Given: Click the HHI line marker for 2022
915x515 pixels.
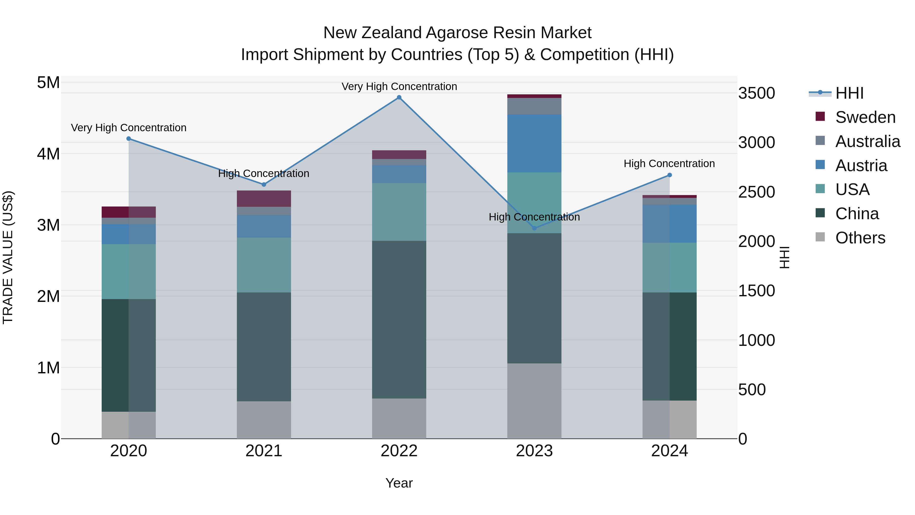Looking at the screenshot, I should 399,97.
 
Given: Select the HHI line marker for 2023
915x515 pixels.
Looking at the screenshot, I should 534,228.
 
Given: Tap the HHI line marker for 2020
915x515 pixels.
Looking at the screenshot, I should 129,139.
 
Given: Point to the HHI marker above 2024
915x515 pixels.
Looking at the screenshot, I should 669,175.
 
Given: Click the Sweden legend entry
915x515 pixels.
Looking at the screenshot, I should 865,117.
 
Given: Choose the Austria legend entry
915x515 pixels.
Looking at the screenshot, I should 861,166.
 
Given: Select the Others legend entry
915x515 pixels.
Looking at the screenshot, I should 860,238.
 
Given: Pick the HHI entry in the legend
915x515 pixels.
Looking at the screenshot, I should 849,93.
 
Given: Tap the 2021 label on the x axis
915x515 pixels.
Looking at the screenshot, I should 264,451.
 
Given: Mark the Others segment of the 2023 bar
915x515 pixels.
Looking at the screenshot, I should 534,401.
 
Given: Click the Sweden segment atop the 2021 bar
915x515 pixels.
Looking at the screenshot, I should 264,198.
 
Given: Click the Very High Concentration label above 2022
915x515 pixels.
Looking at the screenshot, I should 399,86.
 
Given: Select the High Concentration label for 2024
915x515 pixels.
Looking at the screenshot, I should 669,164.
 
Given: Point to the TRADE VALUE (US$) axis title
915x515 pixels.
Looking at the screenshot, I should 8,257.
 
